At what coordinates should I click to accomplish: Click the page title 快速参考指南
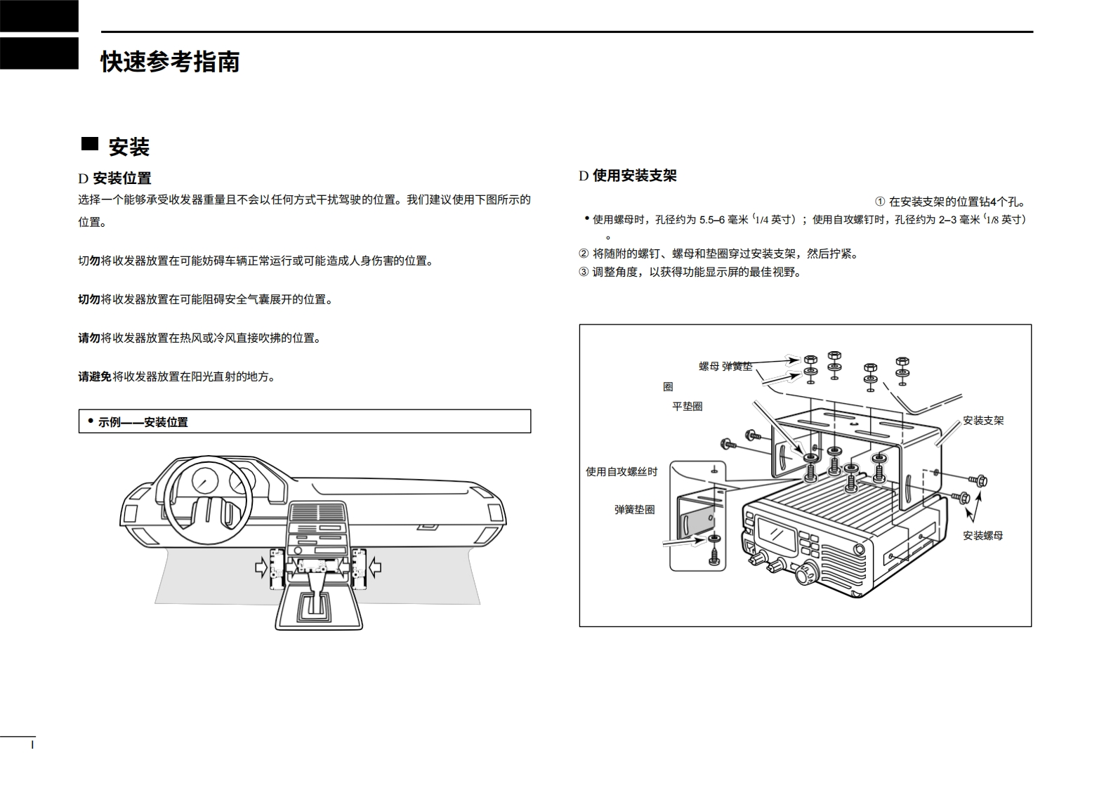click(170, 62)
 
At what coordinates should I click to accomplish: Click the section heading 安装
click(129, 147)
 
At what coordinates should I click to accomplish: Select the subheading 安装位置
click(122, 178)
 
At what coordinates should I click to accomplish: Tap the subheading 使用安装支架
click(635, 176)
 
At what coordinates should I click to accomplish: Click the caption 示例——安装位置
click(143, 422)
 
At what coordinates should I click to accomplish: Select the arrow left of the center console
click(262, 565)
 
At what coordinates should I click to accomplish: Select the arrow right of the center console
click(374, 565)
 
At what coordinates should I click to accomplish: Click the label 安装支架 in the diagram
click(983, 421)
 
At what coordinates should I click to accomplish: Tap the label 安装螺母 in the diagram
click(982, 536)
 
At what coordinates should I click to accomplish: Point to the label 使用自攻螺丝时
click(622, 472)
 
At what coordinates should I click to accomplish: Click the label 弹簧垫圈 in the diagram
click(634, 510)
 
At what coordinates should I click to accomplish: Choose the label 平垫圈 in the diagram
click(688, 406)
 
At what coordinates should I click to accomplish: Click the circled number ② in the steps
click(584, 254)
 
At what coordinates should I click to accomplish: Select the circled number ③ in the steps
click(584, 272)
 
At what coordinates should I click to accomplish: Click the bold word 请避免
click(95, 376)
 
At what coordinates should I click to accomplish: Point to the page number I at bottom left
click(32, 744)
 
